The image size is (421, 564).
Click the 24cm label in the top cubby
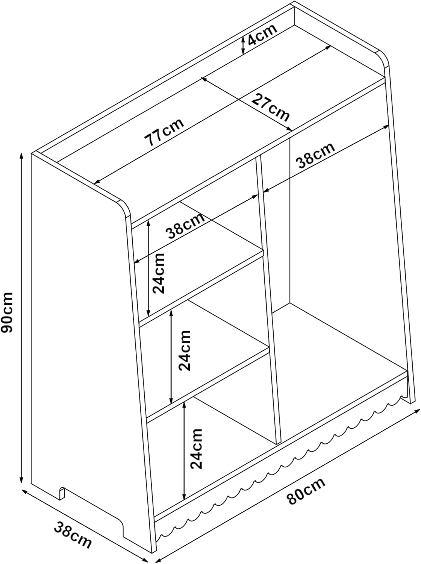click(158, 273)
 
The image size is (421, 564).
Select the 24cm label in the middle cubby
click(185, 350)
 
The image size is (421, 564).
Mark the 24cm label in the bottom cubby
click(196, 448)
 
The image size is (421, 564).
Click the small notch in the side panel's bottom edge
click(62, 493)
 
